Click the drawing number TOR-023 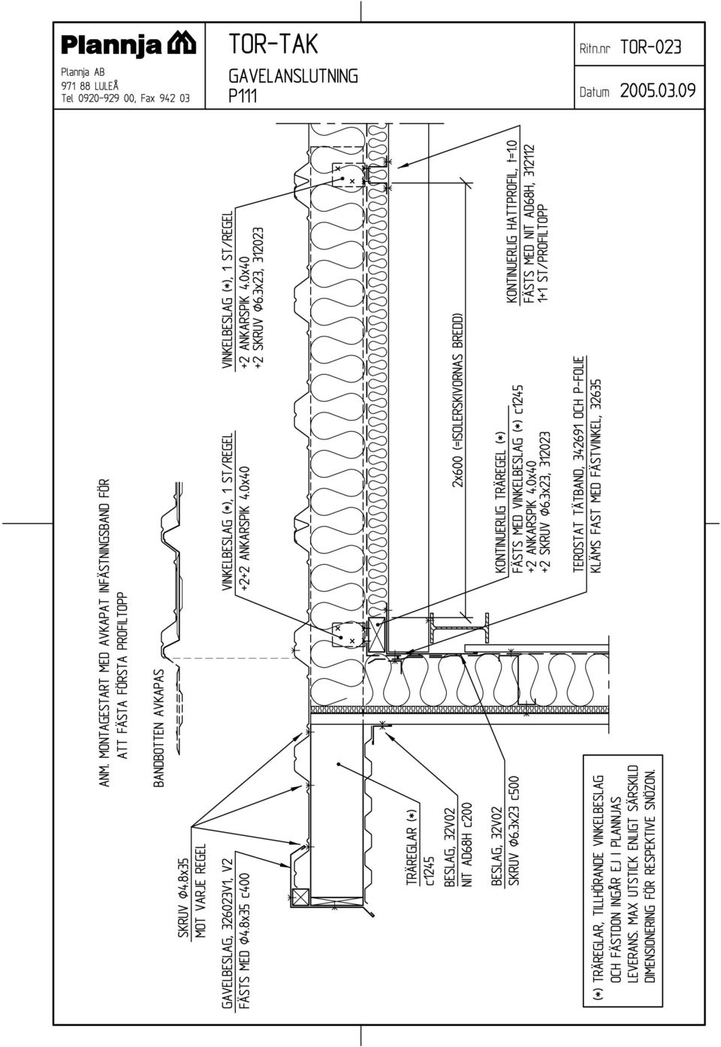(651, 47)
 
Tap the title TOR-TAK (273, 44)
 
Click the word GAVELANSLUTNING (293, 76)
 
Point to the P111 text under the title (243, 96)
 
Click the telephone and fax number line (125, 98)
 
